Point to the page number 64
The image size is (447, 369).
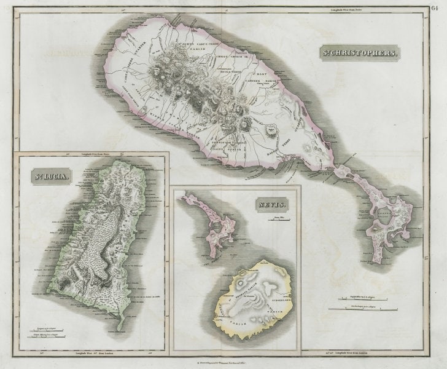[435, 7]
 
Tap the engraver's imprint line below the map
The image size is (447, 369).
[223, 363]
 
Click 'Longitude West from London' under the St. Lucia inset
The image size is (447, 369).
[92, 354]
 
